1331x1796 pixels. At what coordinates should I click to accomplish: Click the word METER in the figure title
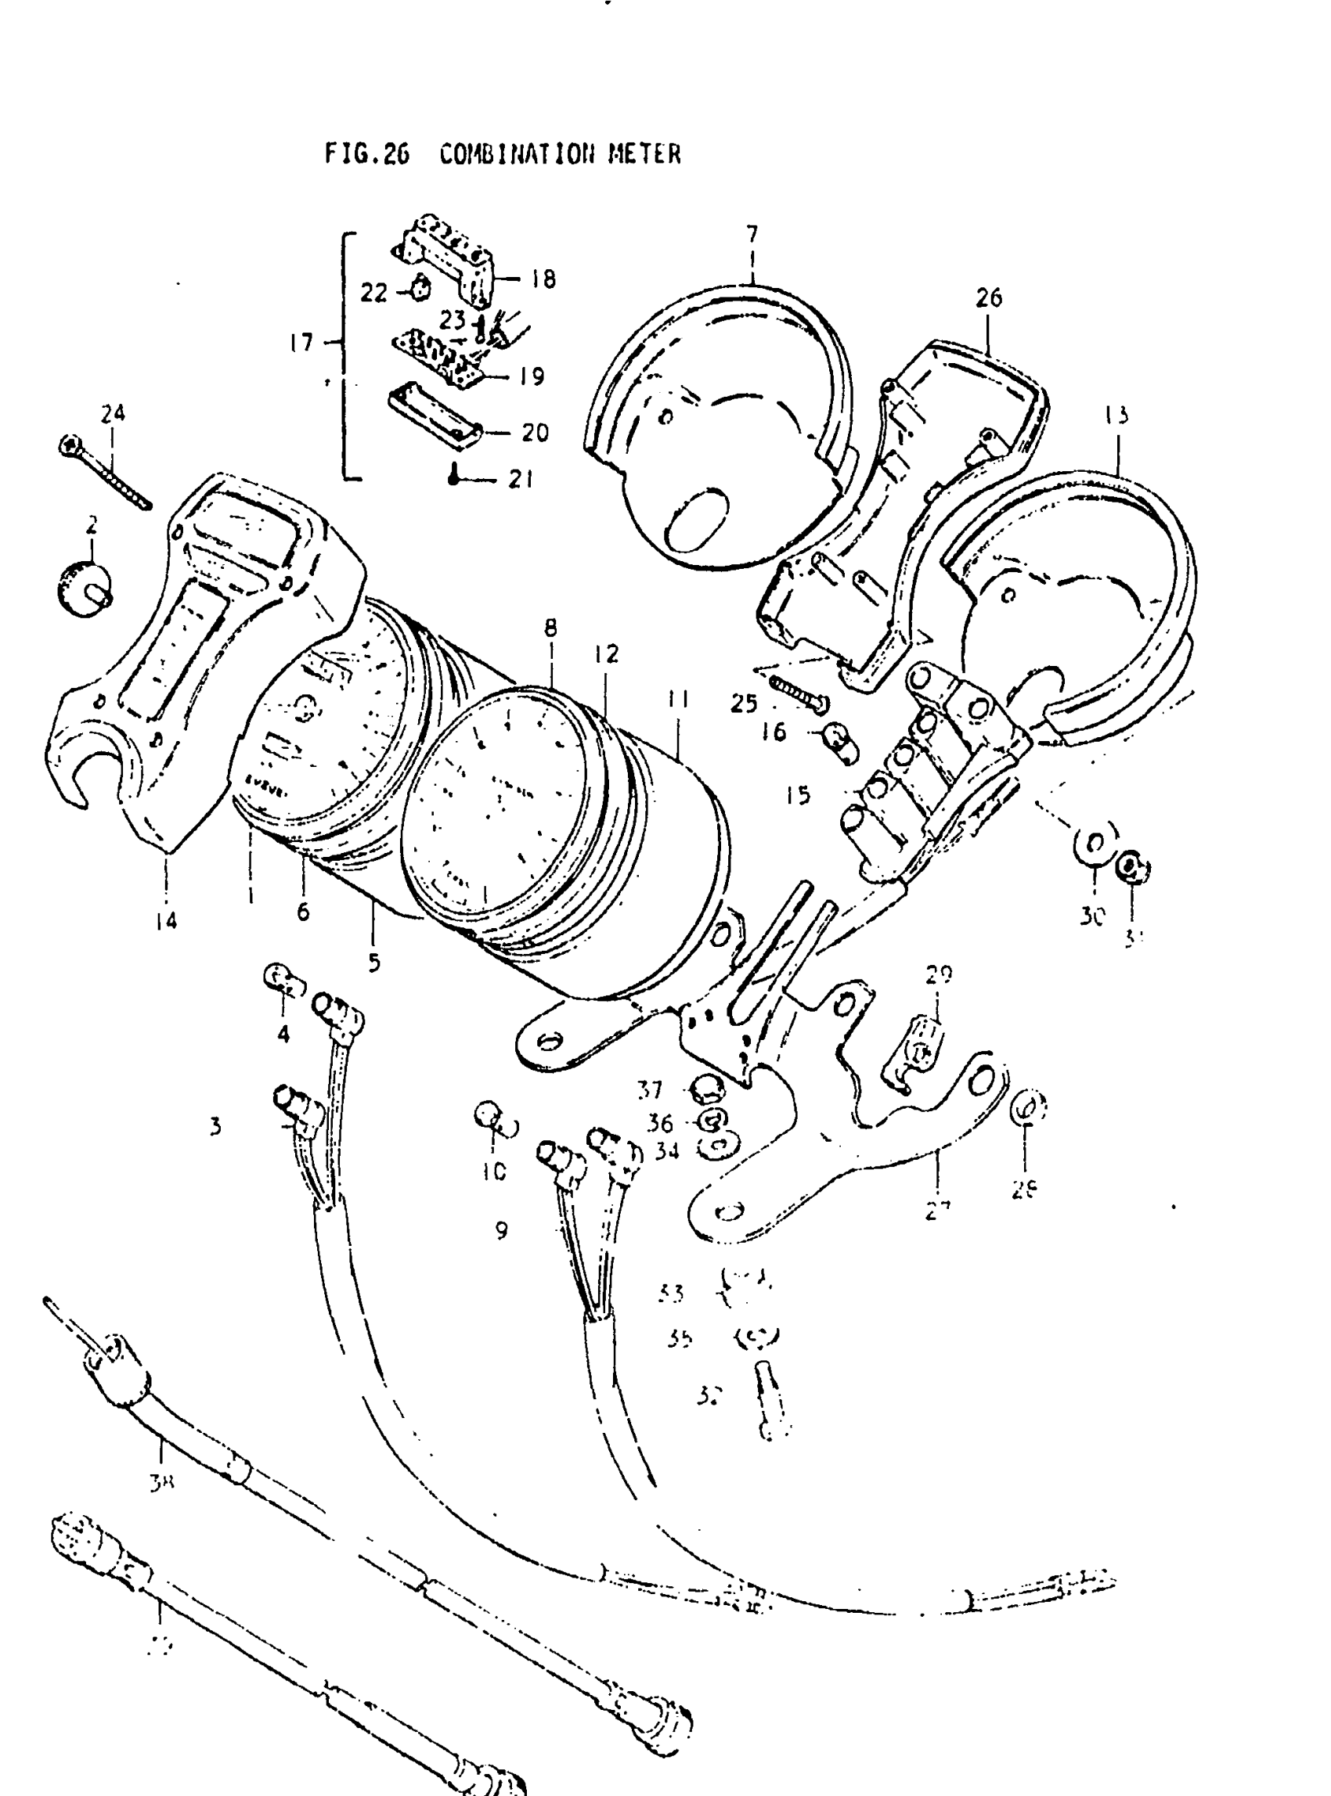pyautogui.click(x=644, y=154)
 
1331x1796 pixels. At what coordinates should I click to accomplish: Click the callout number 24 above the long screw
pyautogui.click(x=113, y=414)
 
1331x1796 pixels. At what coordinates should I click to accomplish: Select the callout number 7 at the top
pyautogui.click(x=752, y=234)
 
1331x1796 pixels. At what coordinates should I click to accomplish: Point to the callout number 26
pyautogui.click(x=989, y=298)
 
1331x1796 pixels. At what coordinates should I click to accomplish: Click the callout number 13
pyautogui.click(x=1116, y=416)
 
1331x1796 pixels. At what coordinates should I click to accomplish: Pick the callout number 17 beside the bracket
pyautogui.click(x=301, y=343)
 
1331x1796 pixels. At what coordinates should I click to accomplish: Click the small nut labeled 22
pyautogui.click(x=420, y=288)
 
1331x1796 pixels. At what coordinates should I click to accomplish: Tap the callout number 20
pyautogui.click(x=535, y=433)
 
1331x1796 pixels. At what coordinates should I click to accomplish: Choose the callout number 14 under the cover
pyautogui.click(x=166, y=920)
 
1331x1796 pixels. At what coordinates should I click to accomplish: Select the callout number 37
pyautogui.click(x=649, y=1090)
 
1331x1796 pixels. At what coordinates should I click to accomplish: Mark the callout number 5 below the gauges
pyautogui.click(x=373, y=963)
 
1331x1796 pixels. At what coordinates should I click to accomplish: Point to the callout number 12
pyautogui.click(x=607, y=654)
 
